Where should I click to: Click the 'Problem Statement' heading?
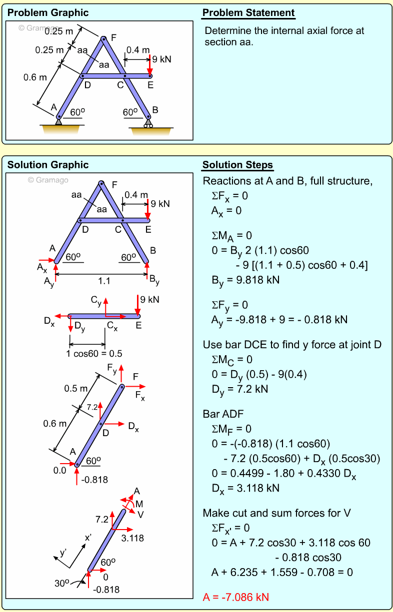click(x=248, y=13)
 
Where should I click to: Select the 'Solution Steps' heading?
click(x=238, y=165)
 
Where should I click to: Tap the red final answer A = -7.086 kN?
click(x=236, y=597)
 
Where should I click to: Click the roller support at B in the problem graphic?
click(x=148, y=123)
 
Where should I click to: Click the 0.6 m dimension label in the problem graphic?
click(x=35, y=77)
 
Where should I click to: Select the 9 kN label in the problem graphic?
click(x=161, y=59)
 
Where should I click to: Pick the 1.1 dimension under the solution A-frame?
click(x=104, y=281)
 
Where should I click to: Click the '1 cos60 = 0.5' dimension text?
click(x=94, y=354)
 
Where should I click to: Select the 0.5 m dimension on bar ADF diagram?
click(x=75, y=388)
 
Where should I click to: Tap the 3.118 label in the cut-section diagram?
click(x=132, y=538)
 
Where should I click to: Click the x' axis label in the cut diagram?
click(x=88, y=538)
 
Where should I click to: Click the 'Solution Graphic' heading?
click(x=48, y=165)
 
